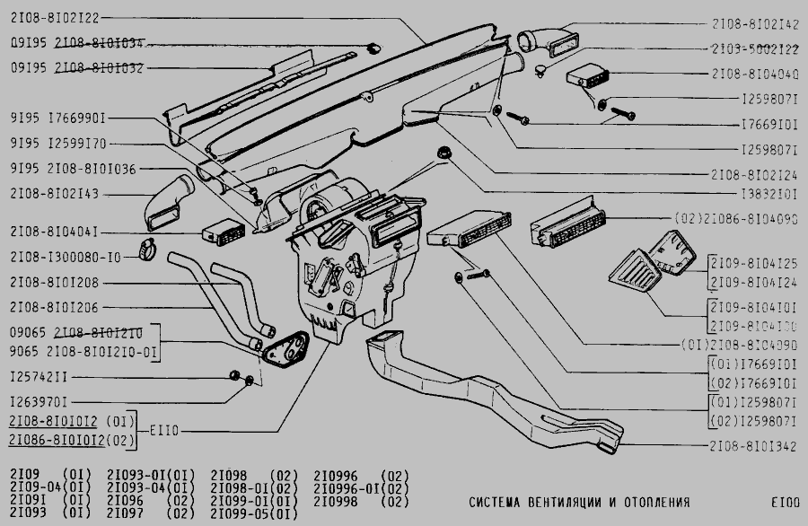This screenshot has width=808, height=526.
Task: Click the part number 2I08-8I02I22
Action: click(55, 17)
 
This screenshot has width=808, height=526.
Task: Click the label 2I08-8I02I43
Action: click(55, 193)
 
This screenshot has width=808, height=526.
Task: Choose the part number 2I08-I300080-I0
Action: click(65, 258)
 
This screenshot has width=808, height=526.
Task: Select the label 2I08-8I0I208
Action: click(55, 282)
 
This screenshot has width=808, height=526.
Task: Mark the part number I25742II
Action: click(39, 376)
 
